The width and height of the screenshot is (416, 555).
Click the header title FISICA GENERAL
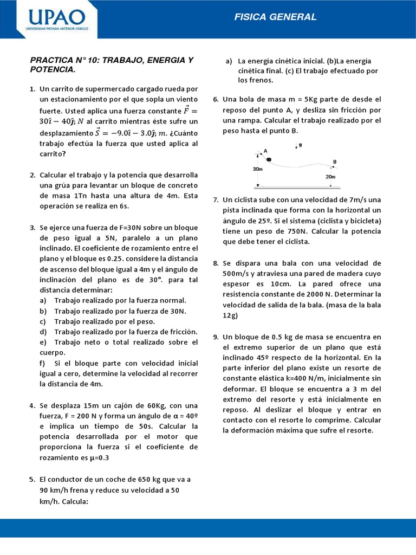pos(275,17)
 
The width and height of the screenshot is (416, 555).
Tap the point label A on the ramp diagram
pos(265,151)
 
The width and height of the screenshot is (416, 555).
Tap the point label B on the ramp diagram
pos(335,162)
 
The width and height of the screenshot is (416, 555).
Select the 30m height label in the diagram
pos(258,169)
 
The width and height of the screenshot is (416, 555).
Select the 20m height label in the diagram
pos(330,177)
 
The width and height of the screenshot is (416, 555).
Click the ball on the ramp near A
pos(269,159)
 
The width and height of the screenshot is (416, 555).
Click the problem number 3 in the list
pos(32,227)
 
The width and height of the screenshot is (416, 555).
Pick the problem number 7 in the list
pos(216,199)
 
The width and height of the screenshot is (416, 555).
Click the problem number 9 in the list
pos(216,337)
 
